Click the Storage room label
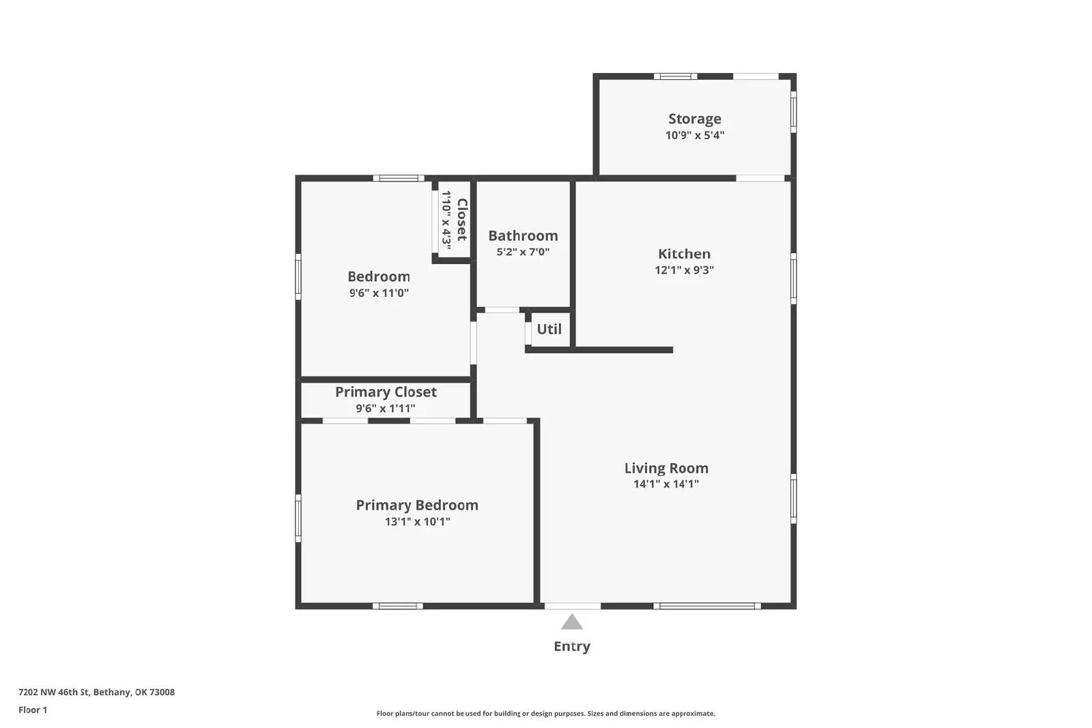point(694,119)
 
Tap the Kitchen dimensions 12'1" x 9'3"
point(684,270)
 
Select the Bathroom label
point(523,235)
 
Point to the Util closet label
point(549,329)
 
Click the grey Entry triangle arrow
point(572,622)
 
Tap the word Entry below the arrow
point(572,646)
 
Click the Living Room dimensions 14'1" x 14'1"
point(665,484)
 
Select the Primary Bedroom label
point(417,505)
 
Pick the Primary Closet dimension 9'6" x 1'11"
point(385,409)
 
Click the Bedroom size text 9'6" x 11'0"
point(379,293)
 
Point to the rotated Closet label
point(462,220)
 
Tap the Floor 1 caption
point(33,710)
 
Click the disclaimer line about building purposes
point(545,714)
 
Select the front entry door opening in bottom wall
point(573,606)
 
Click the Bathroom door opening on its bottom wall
point(502,310)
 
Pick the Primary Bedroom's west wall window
point(298,518)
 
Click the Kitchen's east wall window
point(794,278)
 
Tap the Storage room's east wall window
point(794,112)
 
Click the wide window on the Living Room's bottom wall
point(706,606)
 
